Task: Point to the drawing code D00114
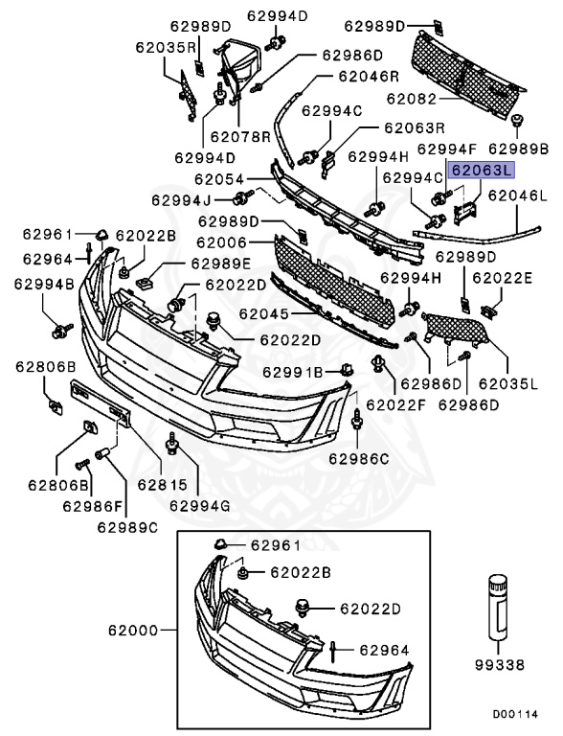516,715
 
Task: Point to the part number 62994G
201,504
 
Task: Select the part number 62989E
220,264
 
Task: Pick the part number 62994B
44,285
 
